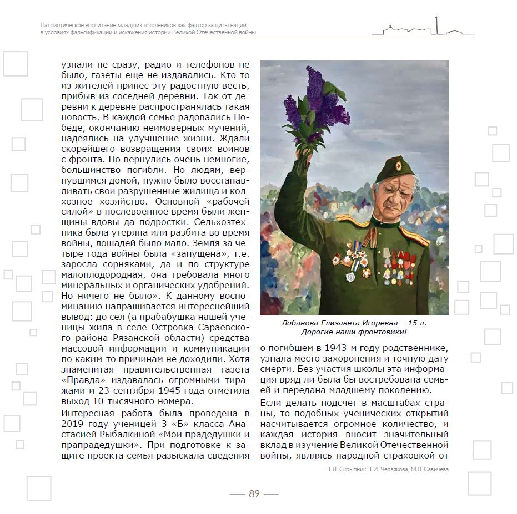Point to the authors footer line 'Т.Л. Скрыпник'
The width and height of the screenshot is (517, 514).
pyautogui.click(x=338, y=469)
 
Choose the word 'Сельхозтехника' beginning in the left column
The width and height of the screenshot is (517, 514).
pyautogui.click(x=228, y=221)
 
